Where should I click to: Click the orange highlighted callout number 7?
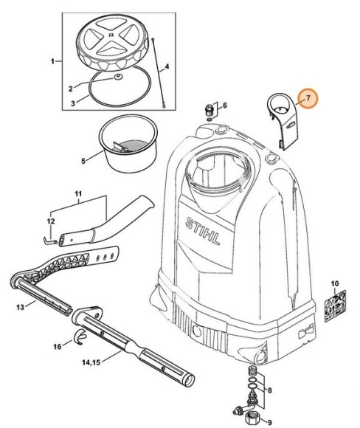click(x=309, y=98)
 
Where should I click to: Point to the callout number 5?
click(x=83, y=159)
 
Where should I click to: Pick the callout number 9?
click(x=269, y=421)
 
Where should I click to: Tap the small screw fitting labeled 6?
click(x=209, y=111)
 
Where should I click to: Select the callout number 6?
click(x=224, y=106)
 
